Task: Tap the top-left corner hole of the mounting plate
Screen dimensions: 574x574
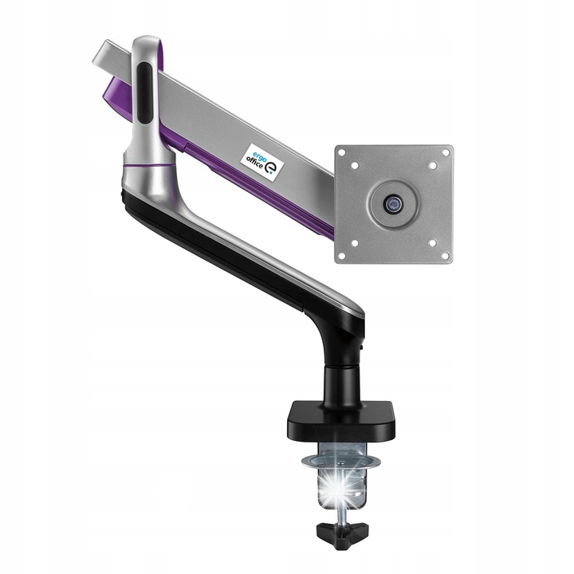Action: click(341, 153)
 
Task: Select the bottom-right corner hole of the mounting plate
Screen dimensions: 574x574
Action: click(446, 256)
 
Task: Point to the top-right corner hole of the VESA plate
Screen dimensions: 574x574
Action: click(446, 152)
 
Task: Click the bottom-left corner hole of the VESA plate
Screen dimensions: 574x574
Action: click(341, 256)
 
